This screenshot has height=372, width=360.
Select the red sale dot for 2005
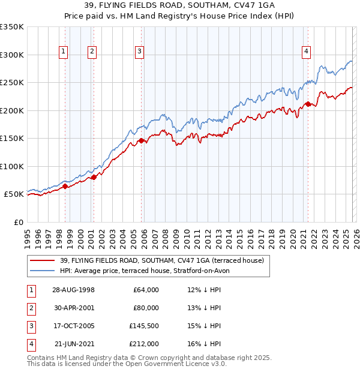[x=142, y=141]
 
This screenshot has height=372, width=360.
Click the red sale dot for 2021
[x=308, y=104]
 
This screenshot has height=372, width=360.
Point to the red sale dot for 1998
[x=65, y=186]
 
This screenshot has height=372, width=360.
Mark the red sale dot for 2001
[x=94, y=177]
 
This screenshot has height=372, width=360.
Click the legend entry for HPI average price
[x=145, y=271]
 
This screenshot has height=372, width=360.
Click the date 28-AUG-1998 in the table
[x=73, y=290]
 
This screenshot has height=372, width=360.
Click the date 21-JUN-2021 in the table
[x=73, y=344]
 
